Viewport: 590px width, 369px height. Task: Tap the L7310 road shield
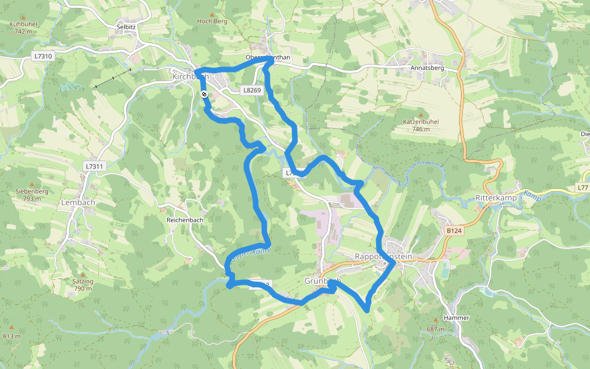click(x=43, y=56)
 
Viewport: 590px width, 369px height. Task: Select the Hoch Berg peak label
click(x=212, y=21)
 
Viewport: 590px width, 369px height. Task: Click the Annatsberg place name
click(x=427, y=68)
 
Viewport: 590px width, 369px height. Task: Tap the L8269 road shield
click(x=252, y=90)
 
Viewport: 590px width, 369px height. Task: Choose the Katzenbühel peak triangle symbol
click(x=420, y=114)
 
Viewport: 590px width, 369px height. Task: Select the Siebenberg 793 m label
click(x=32, y=195)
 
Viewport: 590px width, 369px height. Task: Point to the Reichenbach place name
click(x=184, y=220)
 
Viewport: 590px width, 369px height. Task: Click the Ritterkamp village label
click(x=495, y=198)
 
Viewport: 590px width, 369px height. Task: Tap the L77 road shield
click(x=583, y=187)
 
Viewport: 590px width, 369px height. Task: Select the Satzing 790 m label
click(x=83, y=285)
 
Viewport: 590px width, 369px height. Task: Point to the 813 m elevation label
click(x=12, y=336)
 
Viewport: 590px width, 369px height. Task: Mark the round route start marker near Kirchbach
click(x=203, y=94)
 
